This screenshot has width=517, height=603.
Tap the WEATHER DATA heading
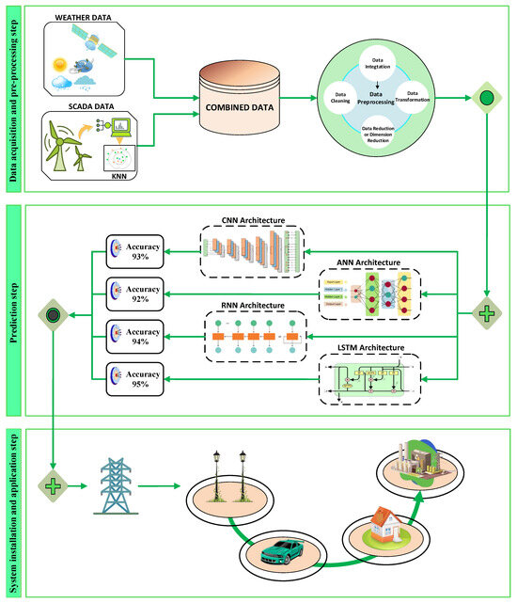point(87,16)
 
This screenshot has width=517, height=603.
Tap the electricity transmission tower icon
point(119,485)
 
